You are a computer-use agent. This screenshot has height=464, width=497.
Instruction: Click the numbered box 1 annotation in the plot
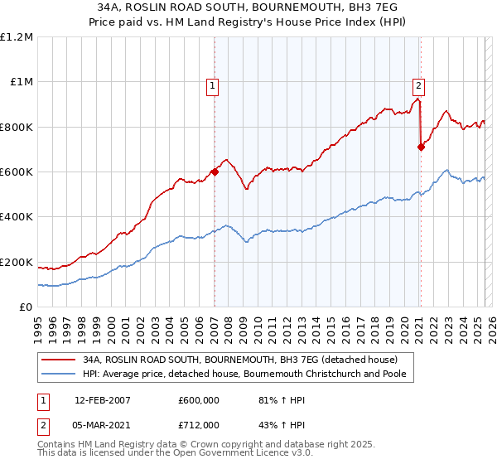213,84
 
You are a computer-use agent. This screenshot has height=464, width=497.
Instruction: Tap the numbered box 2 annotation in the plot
419,84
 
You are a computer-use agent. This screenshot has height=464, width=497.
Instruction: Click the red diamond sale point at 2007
215,172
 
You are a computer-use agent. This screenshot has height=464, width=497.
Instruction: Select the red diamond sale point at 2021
421,147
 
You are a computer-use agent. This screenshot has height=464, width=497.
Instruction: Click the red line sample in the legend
58,360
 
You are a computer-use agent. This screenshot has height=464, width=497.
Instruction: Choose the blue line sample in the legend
58,375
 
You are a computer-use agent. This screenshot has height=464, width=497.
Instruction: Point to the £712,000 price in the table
198,425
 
